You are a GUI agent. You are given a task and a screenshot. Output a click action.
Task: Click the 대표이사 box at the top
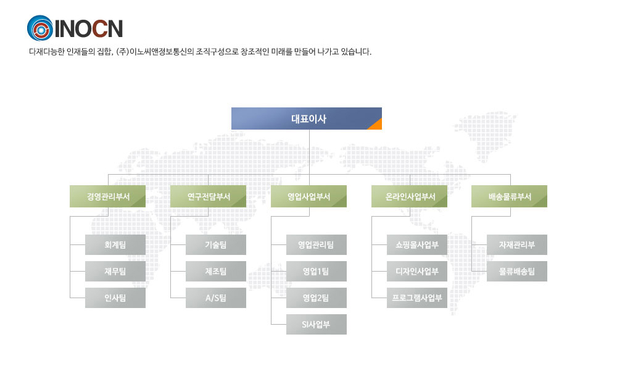pyautogui.click(x=307, y=119)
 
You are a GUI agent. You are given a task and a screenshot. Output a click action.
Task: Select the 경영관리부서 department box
pyautogui.click(x=107, y=196)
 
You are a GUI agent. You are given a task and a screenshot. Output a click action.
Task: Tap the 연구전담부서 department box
pyautogui.click(x=208, y=196)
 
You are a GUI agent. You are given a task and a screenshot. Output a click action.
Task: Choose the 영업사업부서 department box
pyautogui.click(x=309, y=196)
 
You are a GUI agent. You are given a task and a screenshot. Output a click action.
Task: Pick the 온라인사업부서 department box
pyautogui.click(x=409, y=196)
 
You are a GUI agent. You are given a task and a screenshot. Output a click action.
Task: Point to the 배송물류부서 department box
pyautogui.click(x=509, y=196)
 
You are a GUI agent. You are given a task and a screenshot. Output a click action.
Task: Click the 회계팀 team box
pyautogui.click(x=115, y=244)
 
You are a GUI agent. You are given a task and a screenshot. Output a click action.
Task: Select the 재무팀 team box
pyautogui.click(x=115, y=272)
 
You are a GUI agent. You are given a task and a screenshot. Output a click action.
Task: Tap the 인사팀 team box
pyautogui.click(x=115, y=298)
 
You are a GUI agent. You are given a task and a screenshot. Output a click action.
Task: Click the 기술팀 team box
pyautogui.click(x=216, y=244)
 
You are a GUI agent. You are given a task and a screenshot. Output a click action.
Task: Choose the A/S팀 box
pyautogui.click(x=216, y=298)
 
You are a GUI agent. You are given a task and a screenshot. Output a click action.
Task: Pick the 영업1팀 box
pyautogui.click(x=317, y=272)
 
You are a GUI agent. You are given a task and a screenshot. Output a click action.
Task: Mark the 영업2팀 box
pyautogui.click(x=317, y=298)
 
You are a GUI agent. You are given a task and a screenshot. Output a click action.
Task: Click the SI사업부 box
pyautogui.click(x=317, y=325)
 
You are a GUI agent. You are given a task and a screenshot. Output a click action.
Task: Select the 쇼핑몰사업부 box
pyautogui.click(x=417, y=244)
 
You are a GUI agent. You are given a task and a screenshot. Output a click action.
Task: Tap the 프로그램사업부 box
pyautogui.click(x=417, y=298)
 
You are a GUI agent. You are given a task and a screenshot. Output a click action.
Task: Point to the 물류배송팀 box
pyautogui.click(x=517, y=272)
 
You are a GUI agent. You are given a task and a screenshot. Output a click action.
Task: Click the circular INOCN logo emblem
pyautogui.click(x=39, y=28)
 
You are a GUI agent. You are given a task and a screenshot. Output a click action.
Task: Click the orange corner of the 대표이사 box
pyautogui.click(x=377, y=125)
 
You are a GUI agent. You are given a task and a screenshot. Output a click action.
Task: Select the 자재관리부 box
pyautogui.click(x=517, y=244)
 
